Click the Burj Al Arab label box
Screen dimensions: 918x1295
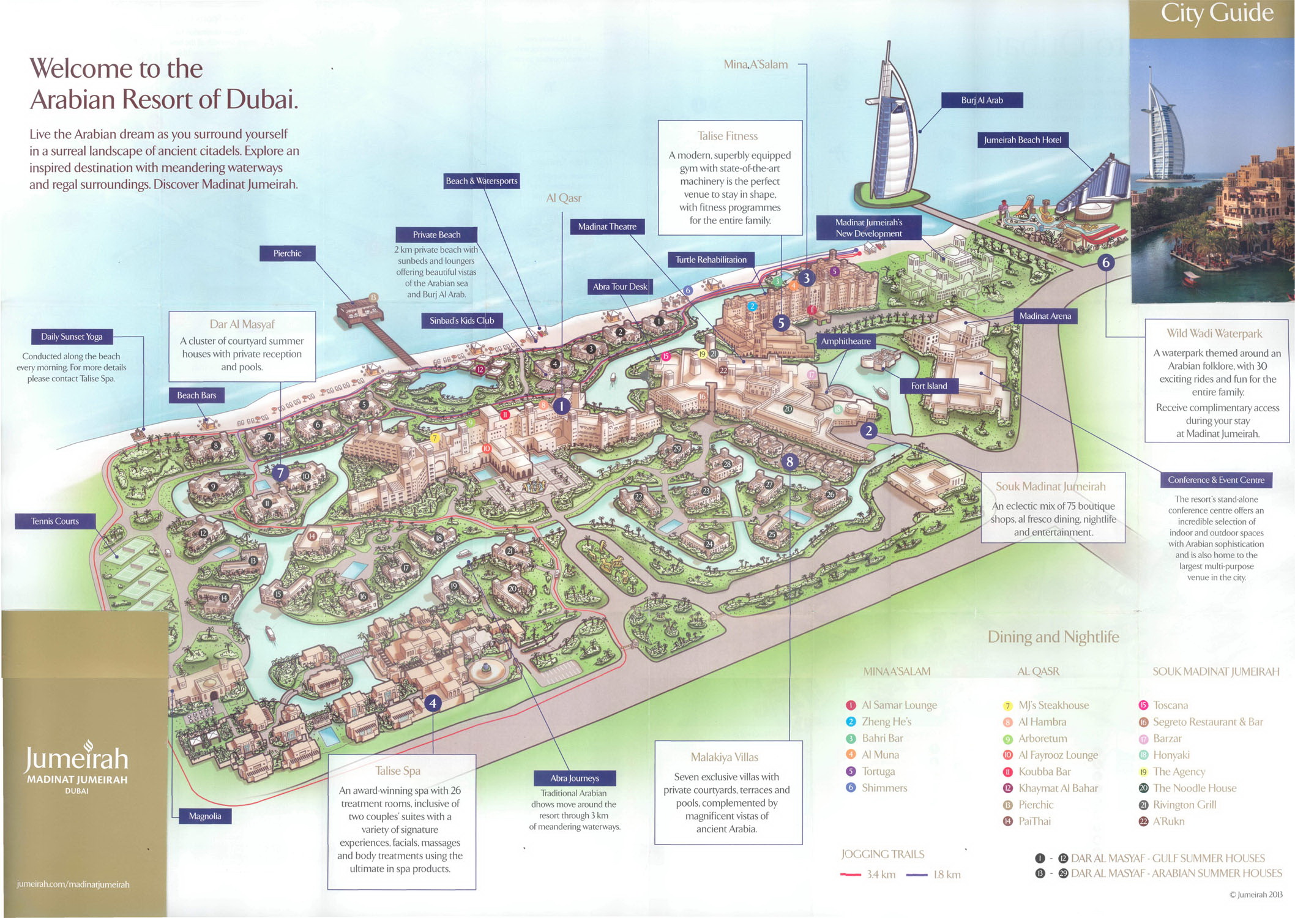pos(982,100)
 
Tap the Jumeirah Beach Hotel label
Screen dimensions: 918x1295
pos(1022,140)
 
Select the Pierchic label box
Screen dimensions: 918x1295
pos(287,253)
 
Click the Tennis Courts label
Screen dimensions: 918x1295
pos(55,521)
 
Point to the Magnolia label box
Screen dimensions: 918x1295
pos(205,816)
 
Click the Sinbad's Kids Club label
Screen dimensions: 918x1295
pos(461,321)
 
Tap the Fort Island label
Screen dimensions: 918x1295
pos(928,386)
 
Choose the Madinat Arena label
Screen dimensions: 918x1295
pos(1045,316)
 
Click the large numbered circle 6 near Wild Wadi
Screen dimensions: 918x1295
pos(1105,263)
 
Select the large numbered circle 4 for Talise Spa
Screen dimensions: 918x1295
pos(433,703)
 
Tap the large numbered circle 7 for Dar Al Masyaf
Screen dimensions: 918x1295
pos(280,472)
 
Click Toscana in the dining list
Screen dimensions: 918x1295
pos(1170,705)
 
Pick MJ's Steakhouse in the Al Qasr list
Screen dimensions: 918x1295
pos(1053,705)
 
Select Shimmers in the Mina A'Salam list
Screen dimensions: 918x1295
pos(884,788)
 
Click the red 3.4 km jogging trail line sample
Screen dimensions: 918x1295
pos(851,875)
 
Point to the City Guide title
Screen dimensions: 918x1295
pos(1217,13)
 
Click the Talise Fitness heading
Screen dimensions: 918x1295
pos(727,136)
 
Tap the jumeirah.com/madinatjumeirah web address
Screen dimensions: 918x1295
pos(73,884)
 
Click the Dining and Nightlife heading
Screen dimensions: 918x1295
pos(1053,637)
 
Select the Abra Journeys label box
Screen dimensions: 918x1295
pos(574,778)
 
